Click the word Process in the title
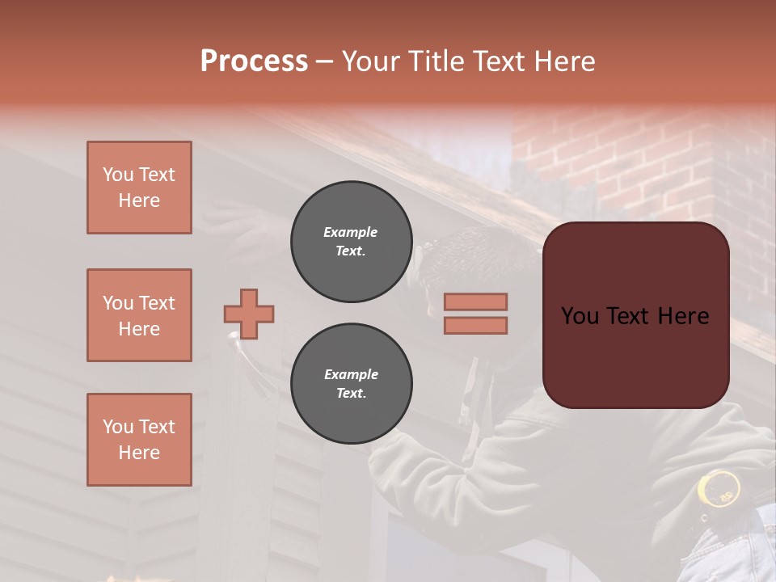click(x=254, y=61)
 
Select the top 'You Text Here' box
click(x=139, y=188)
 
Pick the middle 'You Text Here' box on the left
click(x=139, y=315)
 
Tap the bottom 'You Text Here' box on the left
click(x=139, y=440)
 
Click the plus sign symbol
click(x=249, y=314)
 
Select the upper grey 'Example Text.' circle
click(x=351, y=242)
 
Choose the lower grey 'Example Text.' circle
click(x=351, y=384)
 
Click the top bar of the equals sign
click(x=475, y=302)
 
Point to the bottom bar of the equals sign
click(x=475, y=325)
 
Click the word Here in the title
click(x=563, y=61)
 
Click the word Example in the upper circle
click(x=351, y=232)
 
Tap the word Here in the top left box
click(x=139, y=200)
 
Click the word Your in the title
click(x=369, y=61)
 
